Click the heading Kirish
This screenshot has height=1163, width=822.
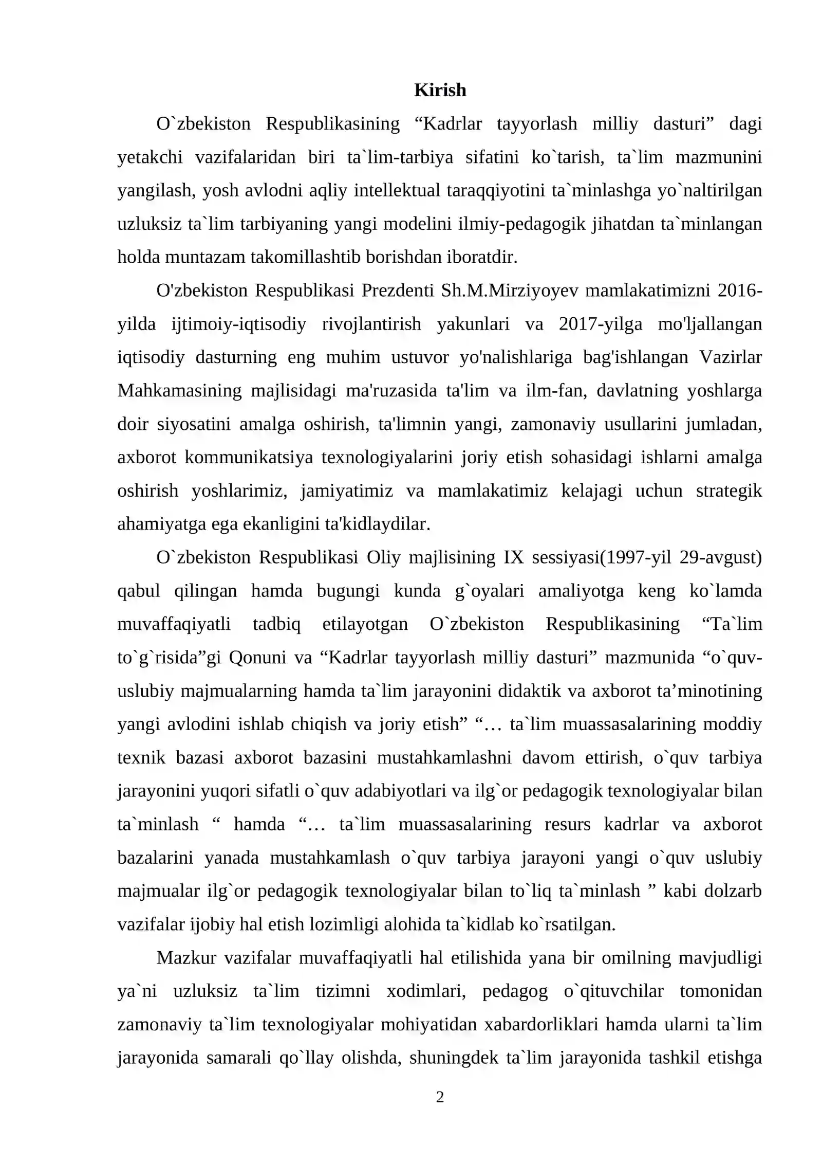coord(440,90)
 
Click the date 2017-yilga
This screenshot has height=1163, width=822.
coord(600,324)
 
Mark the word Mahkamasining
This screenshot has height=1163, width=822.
coord(179,390)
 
